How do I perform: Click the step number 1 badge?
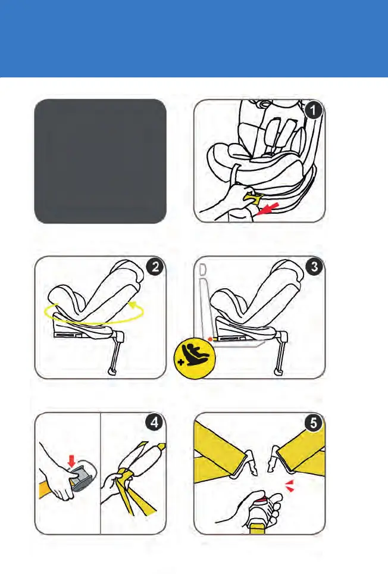(x=314, y=110)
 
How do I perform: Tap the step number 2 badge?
(x=155, y=267)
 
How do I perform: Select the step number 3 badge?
(x=314, y=267)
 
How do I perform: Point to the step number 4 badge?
(x=154, y=422)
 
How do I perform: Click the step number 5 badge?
(x=314, y=423)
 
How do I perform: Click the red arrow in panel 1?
(x=268, y=209)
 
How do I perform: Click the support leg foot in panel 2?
(x=113, y=372)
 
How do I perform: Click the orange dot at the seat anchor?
(x=210, y=340)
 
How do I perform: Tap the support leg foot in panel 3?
(x=279, y=372)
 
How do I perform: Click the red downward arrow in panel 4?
(x=71, y=461)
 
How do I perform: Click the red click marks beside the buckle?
(x=290, y=486)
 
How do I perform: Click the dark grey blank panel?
(x=100, y=161)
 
